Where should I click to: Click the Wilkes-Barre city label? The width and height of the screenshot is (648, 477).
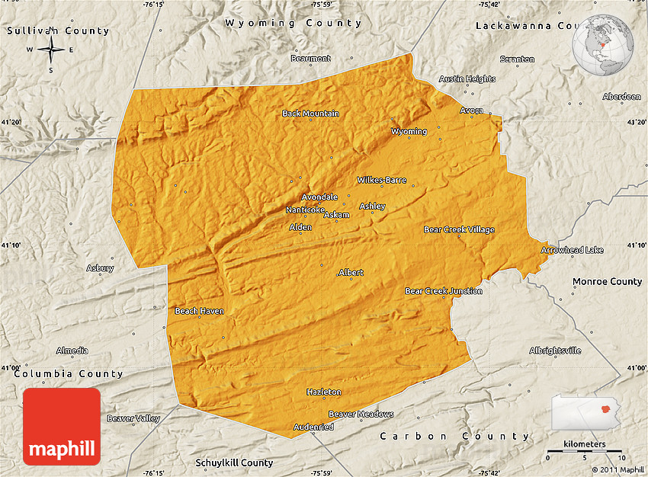point(382,181)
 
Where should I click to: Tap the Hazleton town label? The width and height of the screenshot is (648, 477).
point(324,392)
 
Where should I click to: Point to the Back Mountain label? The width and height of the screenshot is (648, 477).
point(310,114)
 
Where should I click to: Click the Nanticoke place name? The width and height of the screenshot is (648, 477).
point(305,210)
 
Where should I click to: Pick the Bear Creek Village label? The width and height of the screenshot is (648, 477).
point(459,229)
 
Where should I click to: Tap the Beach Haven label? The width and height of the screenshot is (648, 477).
point(199,311)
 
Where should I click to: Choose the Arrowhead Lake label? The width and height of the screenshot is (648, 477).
point(572,250)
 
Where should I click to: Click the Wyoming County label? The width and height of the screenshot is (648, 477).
point(294,24)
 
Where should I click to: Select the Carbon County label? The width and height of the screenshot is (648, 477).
point(454,436)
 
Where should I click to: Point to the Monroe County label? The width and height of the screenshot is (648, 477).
point(608,281)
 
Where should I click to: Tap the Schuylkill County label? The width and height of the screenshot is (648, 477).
point(234,463)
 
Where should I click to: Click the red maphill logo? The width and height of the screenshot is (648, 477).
point(62,426)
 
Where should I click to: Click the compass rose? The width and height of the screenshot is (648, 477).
point(51,50)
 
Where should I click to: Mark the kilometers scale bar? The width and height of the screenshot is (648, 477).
point(585,452)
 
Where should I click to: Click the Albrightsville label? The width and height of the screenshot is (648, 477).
point(555,351)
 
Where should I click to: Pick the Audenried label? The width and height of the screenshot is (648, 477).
point(314,427)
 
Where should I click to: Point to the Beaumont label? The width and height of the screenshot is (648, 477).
point(311,59)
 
